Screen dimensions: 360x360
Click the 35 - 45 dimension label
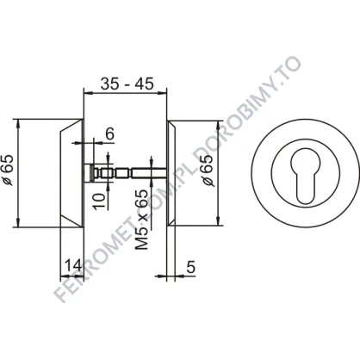127,84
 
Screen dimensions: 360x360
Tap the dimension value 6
109,133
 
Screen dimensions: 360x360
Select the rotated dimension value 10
99,201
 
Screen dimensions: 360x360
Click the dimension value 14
73,265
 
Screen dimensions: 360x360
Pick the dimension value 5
191,267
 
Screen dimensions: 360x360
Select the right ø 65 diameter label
208,171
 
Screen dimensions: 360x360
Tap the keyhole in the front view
305,176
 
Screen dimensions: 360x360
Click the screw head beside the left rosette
89,173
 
